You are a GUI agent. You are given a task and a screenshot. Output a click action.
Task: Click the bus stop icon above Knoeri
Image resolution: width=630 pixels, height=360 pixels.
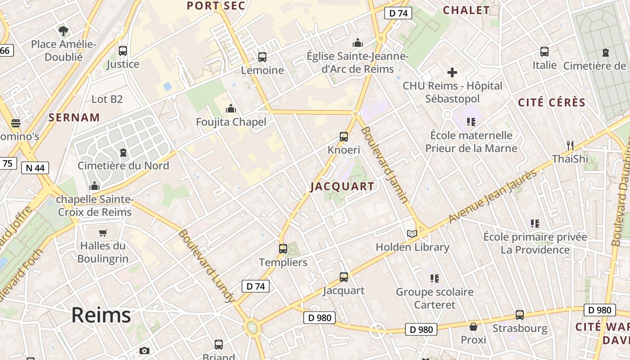[x=344, y=136]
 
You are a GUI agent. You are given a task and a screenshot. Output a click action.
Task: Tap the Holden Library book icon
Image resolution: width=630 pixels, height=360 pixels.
[x=412, y=234]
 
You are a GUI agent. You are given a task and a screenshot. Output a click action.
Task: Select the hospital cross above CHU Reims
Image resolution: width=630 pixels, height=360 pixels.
[x=452, y=72]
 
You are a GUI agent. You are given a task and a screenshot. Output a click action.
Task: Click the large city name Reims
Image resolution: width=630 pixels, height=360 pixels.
[x=101, y=315]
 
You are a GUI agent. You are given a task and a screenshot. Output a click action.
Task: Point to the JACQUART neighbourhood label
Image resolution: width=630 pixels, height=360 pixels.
[x=342, y=186]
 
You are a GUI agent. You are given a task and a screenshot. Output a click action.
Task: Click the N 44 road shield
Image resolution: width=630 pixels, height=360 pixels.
[x=35, y=168]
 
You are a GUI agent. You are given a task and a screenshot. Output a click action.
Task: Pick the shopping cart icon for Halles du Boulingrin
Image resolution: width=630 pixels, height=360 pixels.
[x=103, y=233]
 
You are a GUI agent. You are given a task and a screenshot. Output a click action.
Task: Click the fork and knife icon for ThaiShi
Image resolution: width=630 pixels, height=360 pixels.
[x=570, y=145]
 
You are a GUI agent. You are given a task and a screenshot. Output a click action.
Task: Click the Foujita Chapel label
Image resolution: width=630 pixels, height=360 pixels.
[x=231, y=122]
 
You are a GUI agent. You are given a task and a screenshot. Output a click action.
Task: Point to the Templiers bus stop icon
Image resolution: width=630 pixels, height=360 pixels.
[x=283, y=248]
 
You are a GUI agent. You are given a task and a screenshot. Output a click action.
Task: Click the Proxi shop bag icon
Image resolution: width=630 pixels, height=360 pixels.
[x=473, y=326]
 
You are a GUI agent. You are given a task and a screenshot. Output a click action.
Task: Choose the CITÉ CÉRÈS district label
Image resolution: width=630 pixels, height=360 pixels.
[x=552, y=103]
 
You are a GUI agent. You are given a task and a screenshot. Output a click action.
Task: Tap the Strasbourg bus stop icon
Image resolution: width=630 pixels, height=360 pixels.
[x=520, y=315]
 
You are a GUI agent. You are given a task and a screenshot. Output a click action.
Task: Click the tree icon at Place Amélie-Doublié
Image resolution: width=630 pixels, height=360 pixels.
[x=63, y=31]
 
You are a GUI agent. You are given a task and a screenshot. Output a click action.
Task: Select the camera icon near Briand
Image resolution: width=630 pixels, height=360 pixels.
[x=144, y=351]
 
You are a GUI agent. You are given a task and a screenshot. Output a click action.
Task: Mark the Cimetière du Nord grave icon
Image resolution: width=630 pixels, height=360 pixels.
[x=123, y=152]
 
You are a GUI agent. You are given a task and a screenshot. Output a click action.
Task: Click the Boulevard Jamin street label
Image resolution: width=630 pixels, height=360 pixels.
[x=385, y=164]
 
